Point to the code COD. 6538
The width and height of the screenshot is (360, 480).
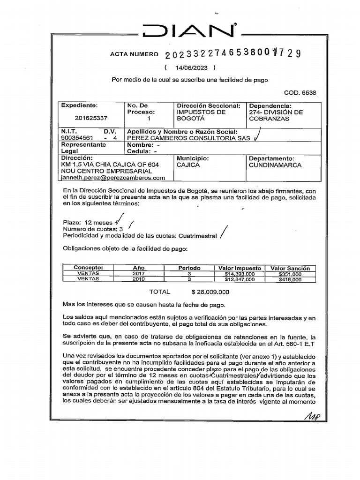point(300,93)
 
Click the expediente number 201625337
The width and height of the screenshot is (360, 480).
point(90,119)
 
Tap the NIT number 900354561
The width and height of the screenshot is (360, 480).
point(77,138)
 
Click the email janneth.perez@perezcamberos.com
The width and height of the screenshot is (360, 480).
point(113,178)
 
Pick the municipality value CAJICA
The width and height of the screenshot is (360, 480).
point(188,165)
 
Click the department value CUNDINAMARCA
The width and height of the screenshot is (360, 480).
point(275,165)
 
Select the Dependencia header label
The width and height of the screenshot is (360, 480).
point(270,106)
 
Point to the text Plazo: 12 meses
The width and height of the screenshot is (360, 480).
point(88,222)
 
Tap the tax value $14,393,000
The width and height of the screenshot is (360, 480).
point(240,274)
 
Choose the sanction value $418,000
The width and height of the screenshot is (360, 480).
point(290,279)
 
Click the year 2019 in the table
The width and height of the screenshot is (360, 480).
point(139,279)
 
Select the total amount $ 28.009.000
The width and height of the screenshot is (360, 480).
point(210,292)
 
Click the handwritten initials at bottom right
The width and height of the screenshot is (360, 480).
point(312,415)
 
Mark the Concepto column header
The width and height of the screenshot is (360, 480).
point(88,268)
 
